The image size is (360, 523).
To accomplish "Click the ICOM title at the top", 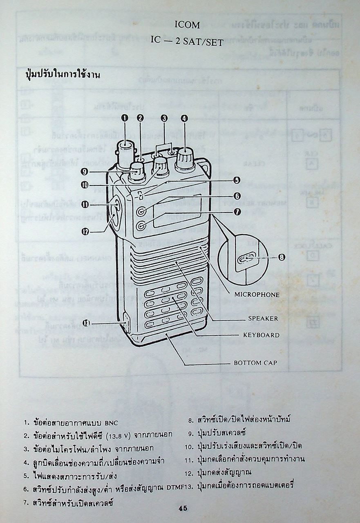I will (187, 25).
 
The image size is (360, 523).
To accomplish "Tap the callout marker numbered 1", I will (125, 118).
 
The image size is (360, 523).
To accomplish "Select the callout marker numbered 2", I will (140, 118).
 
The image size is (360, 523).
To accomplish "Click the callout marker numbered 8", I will (281, 257).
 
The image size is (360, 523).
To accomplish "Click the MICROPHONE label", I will (257, 294).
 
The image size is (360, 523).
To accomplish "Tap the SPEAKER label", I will (263, 318).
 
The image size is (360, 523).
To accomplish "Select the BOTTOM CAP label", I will (255, 362).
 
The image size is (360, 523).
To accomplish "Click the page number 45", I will (183, 508).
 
